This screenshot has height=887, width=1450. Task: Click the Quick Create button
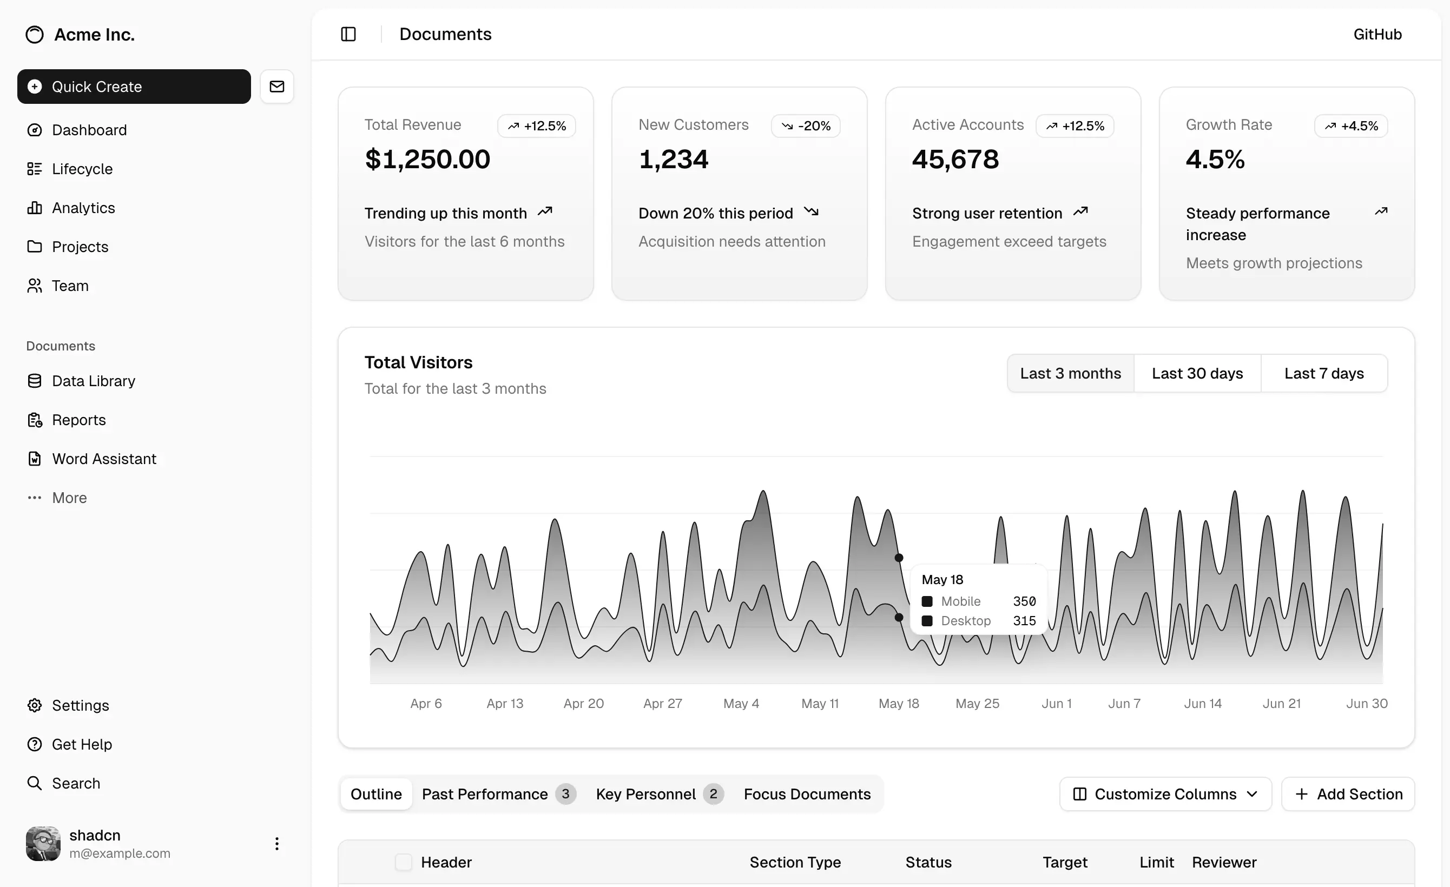point(134,87)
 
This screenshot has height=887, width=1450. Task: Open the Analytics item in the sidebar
point(83,208)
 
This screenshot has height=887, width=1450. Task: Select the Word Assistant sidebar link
point(103,459)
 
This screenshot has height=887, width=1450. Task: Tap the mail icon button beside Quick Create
point(276,87)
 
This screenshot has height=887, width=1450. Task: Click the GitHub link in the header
point(1377,34)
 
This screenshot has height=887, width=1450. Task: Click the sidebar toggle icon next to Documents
point(348,34)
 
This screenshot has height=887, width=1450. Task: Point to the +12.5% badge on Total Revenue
point(537,126)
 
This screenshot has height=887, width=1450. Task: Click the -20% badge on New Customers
point(806,126)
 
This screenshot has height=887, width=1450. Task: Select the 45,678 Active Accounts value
point(955,160)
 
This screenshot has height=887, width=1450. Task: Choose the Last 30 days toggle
point(1197,374)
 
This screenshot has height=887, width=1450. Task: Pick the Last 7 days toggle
point(1323,374)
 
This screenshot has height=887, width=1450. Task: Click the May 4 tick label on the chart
point(741,704)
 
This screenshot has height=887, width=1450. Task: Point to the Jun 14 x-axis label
point(1202,704)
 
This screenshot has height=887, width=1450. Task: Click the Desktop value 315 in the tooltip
point(1024,620)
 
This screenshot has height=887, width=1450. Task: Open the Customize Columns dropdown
point(1165,794)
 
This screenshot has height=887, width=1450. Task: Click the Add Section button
point(1348,794)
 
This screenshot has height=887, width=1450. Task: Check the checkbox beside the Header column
point(403,862)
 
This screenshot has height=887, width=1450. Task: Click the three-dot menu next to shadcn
point(276,844)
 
